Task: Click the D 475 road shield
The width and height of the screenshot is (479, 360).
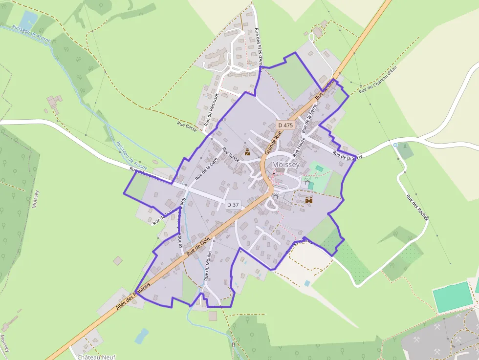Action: [x=285, y=125]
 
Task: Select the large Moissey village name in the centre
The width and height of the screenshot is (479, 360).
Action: [x=286, y=165]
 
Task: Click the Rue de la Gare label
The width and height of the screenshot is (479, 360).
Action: [x=206, y=168]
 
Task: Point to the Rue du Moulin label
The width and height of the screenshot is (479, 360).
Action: [x=208, y=266]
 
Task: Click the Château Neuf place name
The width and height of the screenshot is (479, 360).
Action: [x=96, y=357]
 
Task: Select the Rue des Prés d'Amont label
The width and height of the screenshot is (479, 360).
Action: [x=259, y=46]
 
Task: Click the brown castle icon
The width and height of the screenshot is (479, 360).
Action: [x=309, y=200]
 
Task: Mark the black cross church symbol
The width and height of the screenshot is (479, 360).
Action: [x=274, y=173]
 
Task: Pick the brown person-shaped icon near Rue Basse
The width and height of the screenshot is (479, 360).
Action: [x=248, y=151]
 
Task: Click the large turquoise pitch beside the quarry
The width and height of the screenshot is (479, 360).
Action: [x=453, y=296]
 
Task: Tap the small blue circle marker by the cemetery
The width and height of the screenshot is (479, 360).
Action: [x=395, y=145]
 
